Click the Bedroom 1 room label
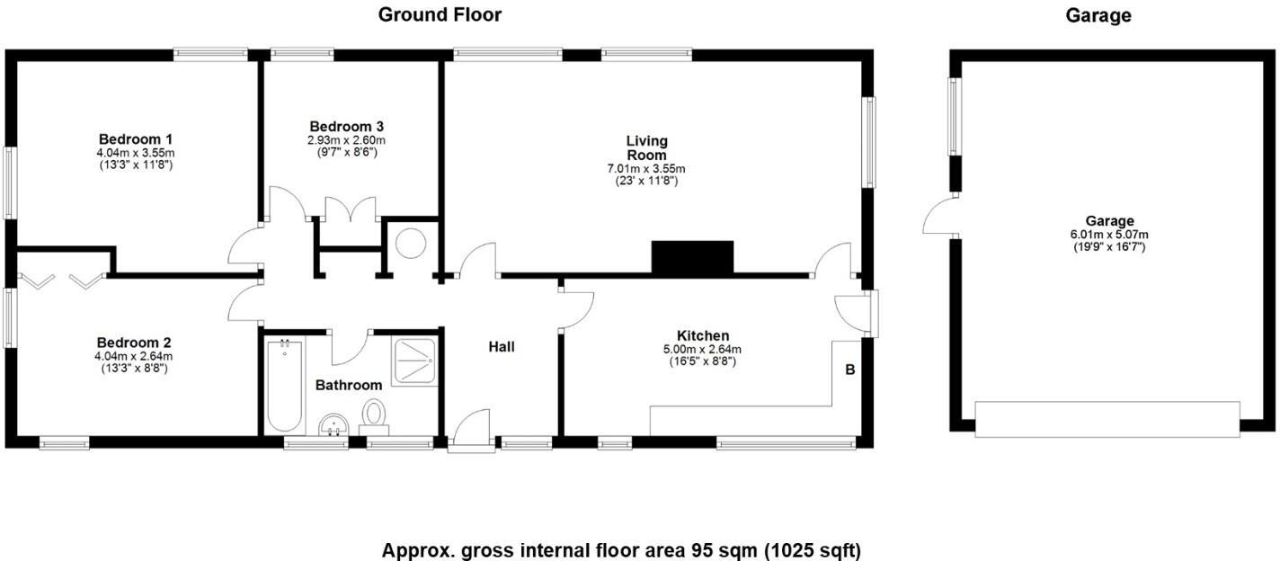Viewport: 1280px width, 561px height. click(136, 139)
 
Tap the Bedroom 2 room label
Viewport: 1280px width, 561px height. click(134, 343)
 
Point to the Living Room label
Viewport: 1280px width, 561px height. click(647, 147)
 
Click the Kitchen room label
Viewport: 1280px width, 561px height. click(703, 335)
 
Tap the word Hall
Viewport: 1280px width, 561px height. click(502, 346)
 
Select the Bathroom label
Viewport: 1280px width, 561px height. click(349, 385)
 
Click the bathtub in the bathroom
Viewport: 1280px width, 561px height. click(284, 385)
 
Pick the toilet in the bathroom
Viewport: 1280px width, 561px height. click(374, 415)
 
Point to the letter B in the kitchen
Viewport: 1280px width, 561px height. click(849, 369)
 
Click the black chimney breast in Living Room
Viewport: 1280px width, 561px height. click(692, 257)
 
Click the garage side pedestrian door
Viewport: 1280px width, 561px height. click(939, 218)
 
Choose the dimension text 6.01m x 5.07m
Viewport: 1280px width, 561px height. click(1109, 234)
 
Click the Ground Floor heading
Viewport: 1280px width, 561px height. click(440, 14)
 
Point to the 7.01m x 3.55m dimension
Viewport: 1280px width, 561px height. click(646, 168)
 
